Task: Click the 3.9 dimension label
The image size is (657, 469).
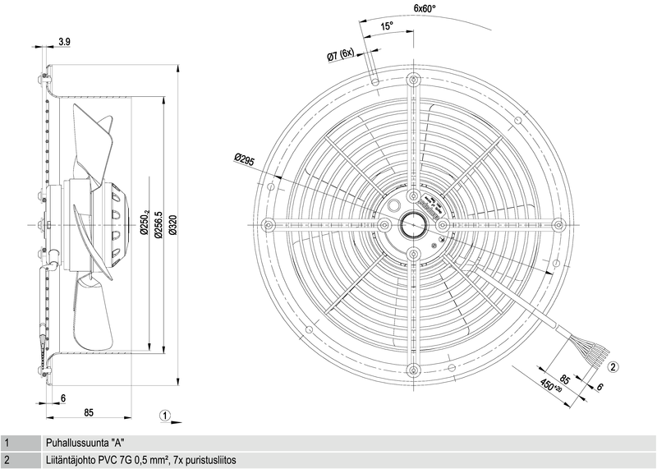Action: click(x=65, y=41)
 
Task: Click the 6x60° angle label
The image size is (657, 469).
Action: click(x=425, y=9)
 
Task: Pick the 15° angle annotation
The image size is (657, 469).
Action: click(x=387, y=26)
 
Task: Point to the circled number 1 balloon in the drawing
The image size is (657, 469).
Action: click(x=166, y=416)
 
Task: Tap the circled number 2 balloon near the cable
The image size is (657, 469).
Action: click(x=613, y=367)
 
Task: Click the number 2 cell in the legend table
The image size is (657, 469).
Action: click(x=7, y=460)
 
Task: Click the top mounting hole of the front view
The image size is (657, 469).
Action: click(x=412, y=81)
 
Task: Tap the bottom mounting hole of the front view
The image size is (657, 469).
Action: click(x=412, y=367)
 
